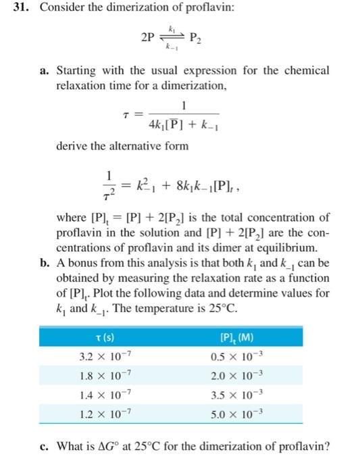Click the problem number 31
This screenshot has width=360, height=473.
(13, 10)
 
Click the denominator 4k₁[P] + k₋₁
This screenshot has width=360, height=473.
(183, 125)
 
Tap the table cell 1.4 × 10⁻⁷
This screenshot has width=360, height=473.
(103, 394)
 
